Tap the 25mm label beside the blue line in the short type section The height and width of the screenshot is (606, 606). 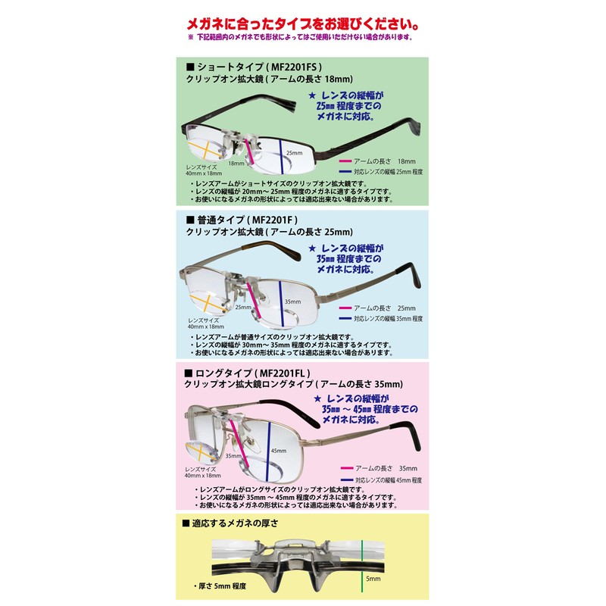pyautogui.click(x=295, y=151)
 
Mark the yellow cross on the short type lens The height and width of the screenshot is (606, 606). pyautogui.click(x=202, y=148)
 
